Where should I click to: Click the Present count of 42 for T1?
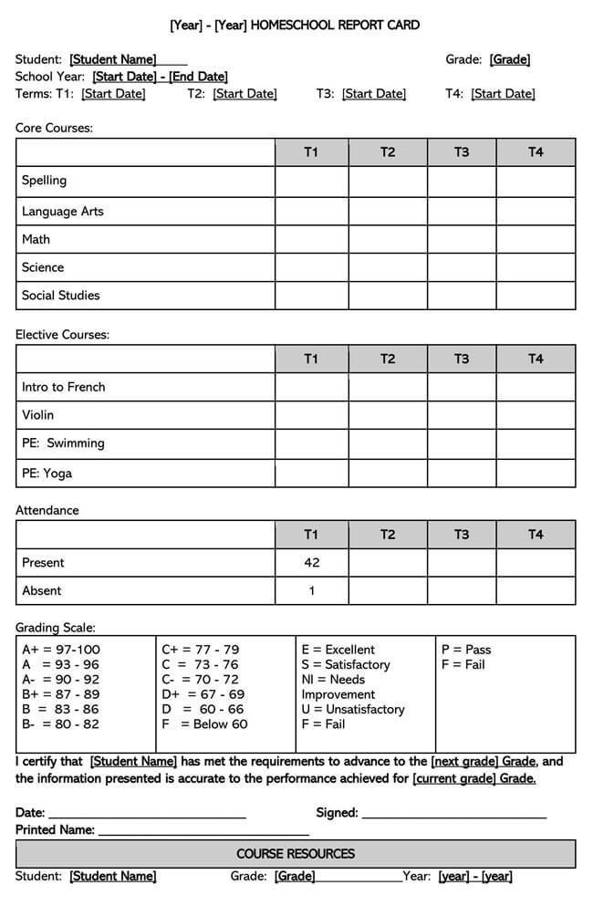pyautogui.click(x=311, y=563)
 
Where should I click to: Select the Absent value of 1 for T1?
pyautogui.click(x=311, y=591)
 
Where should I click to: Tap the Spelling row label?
pyautogui.click(x=45, y=181)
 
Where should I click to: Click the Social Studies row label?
pyautogui.click(x=61, y=296)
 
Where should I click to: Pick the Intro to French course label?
pyautogui.click(x=64, y=387)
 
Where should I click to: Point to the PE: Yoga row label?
pyautogui.click(x=47, y=474)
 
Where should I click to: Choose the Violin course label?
pyautogui.click(x=38, y=415)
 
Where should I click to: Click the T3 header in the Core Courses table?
pyautogui.click(x=462, y=152)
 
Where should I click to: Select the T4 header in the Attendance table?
pyautogui.click(x=536, y=535)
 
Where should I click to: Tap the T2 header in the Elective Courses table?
pyautogui.click(x=388, y=359)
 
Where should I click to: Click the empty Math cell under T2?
pyautogui.click(x=388, y=240)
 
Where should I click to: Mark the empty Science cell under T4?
pyautogui.click(x=536, y=268)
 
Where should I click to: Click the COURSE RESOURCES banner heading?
pyautogui.click(x=296, y=854)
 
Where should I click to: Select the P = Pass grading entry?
pyautogui.click(x=466, y=650)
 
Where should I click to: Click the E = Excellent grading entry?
pyautogui.click(x=338, y=650)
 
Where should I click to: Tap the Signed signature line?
pyautogui.click(x=454, y=813)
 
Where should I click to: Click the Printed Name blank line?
pyautogui.click(x=203, y=830)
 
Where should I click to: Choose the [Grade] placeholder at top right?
pyautogui.click(x=510, y=60)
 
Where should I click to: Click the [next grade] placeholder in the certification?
pyautogui.click(x=472, y=761)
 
